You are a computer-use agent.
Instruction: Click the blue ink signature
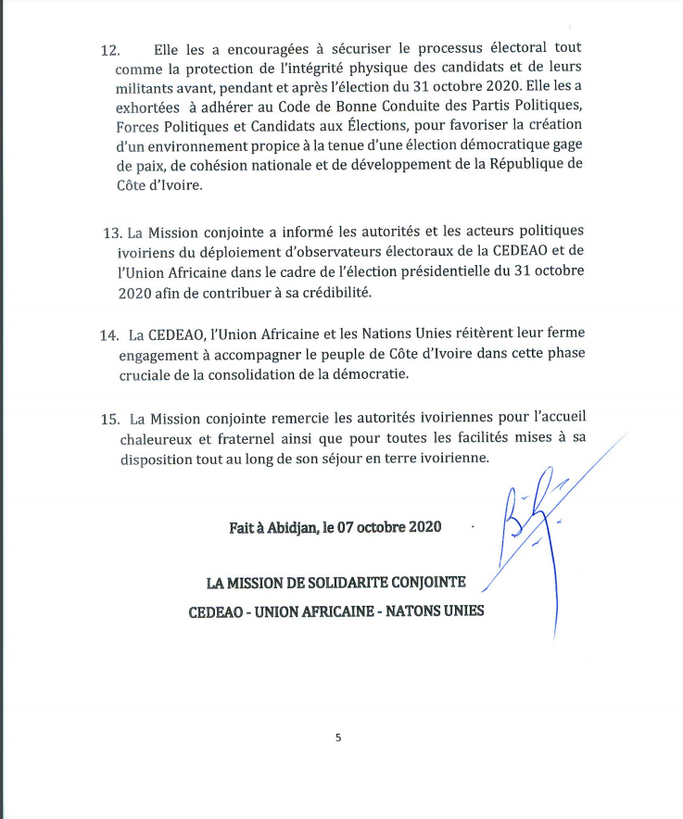click(x=533, y=528)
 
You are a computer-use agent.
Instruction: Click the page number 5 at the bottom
click(x=338, y=737)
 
